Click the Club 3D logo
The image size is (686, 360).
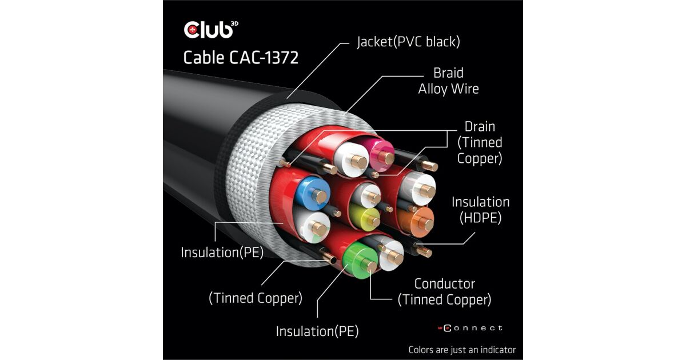(209, 29)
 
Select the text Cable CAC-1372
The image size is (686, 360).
(241, 58)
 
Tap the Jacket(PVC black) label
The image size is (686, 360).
(408, 42)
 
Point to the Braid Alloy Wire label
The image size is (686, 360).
(448, 81)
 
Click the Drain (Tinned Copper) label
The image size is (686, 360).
(480, 142)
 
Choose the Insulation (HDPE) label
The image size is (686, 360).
(480, 210)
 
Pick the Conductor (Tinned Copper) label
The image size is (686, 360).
(444, 291)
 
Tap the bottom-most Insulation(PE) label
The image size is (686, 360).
(317, 331)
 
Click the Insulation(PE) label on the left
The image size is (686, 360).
(222, 252)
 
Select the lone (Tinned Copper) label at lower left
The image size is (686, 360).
(256, 298)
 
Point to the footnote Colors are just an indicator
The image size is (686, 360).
(462, 349)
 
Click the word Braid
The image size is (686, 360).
(448, 73)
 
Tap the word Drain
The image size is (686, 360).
(480, 126)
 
